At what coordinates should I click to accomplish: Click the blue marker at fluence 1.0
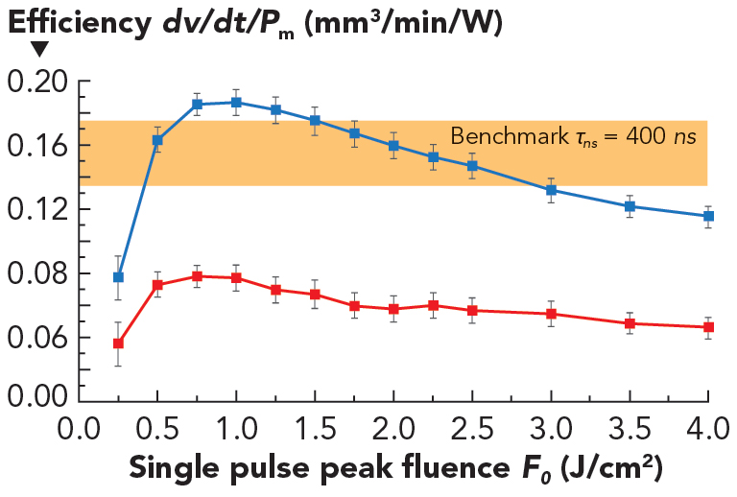point(236,103)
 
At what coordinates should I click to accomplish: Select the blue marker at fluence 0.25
point(118,277)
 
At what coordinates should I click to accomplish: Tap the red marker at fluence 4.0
point(708,327)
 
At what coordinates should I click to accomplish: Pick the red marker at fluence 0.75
point(197,276)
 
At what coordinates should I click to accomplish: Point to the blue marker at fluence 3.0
point(551,190)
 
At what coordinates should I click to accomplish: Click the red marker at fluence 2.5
point(472,310)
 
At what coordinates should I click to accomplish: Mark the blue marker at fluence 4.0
point(708,217)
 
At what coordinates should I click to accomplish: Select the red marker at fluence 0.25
point(118,343)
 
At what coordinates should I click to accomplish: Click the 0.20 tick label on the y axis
point(36,83)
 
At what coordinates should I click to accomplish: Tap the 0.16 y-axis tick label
point(36,146)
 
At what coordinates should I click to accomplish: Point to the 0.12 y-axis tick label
point(36,210)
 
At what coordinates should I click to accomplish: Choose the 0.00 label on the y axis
point(36,393)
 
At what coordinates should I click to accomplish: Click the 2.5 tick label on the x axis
point(472,425)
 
